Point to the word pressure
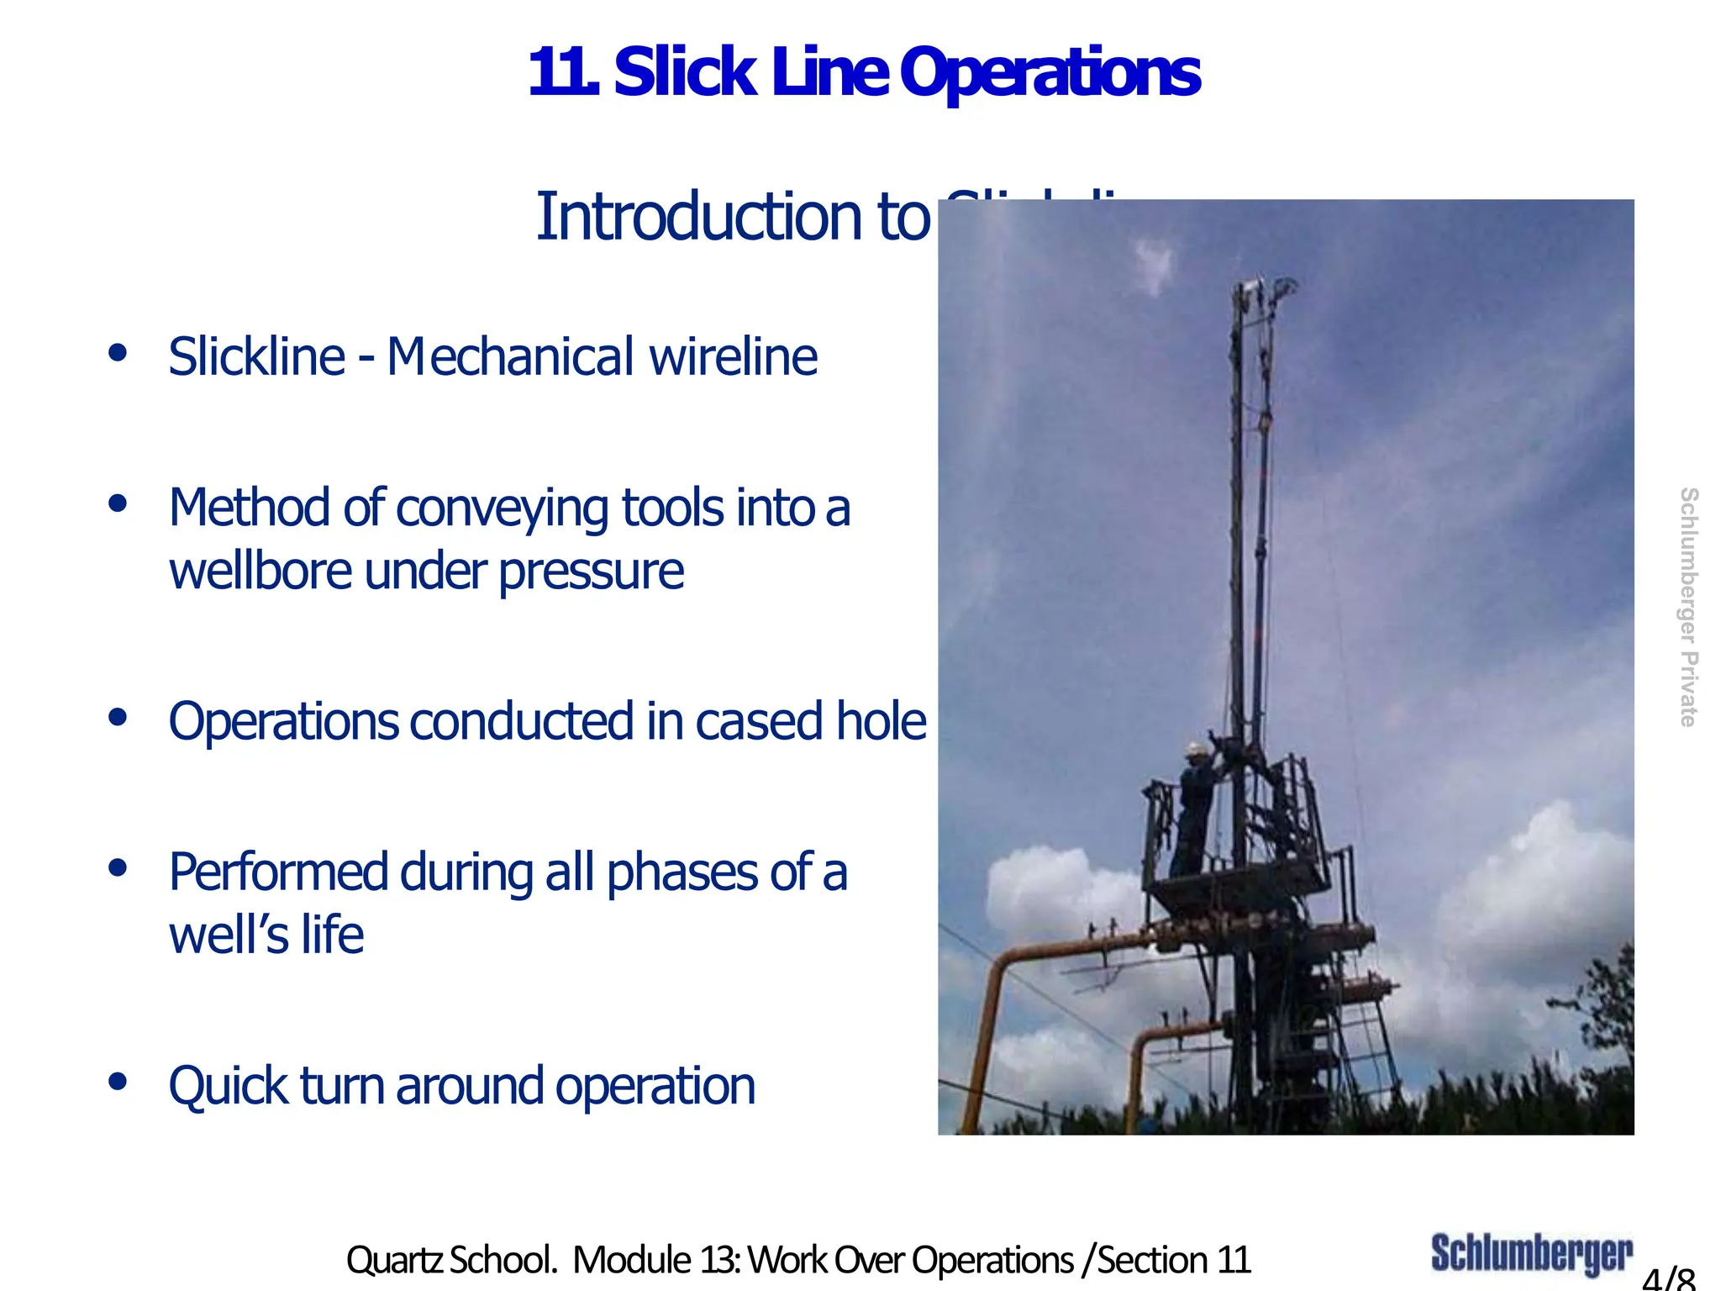(592, 572)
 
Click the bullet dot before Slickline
(118, 352)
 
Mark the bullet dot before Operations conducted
(118, 718)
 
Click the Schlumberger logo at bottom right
(1531, 1253)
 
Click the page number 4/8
(1668, 1278)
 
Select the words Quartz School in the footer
(451, 1260)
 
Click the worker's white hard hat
(1195, 747)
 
